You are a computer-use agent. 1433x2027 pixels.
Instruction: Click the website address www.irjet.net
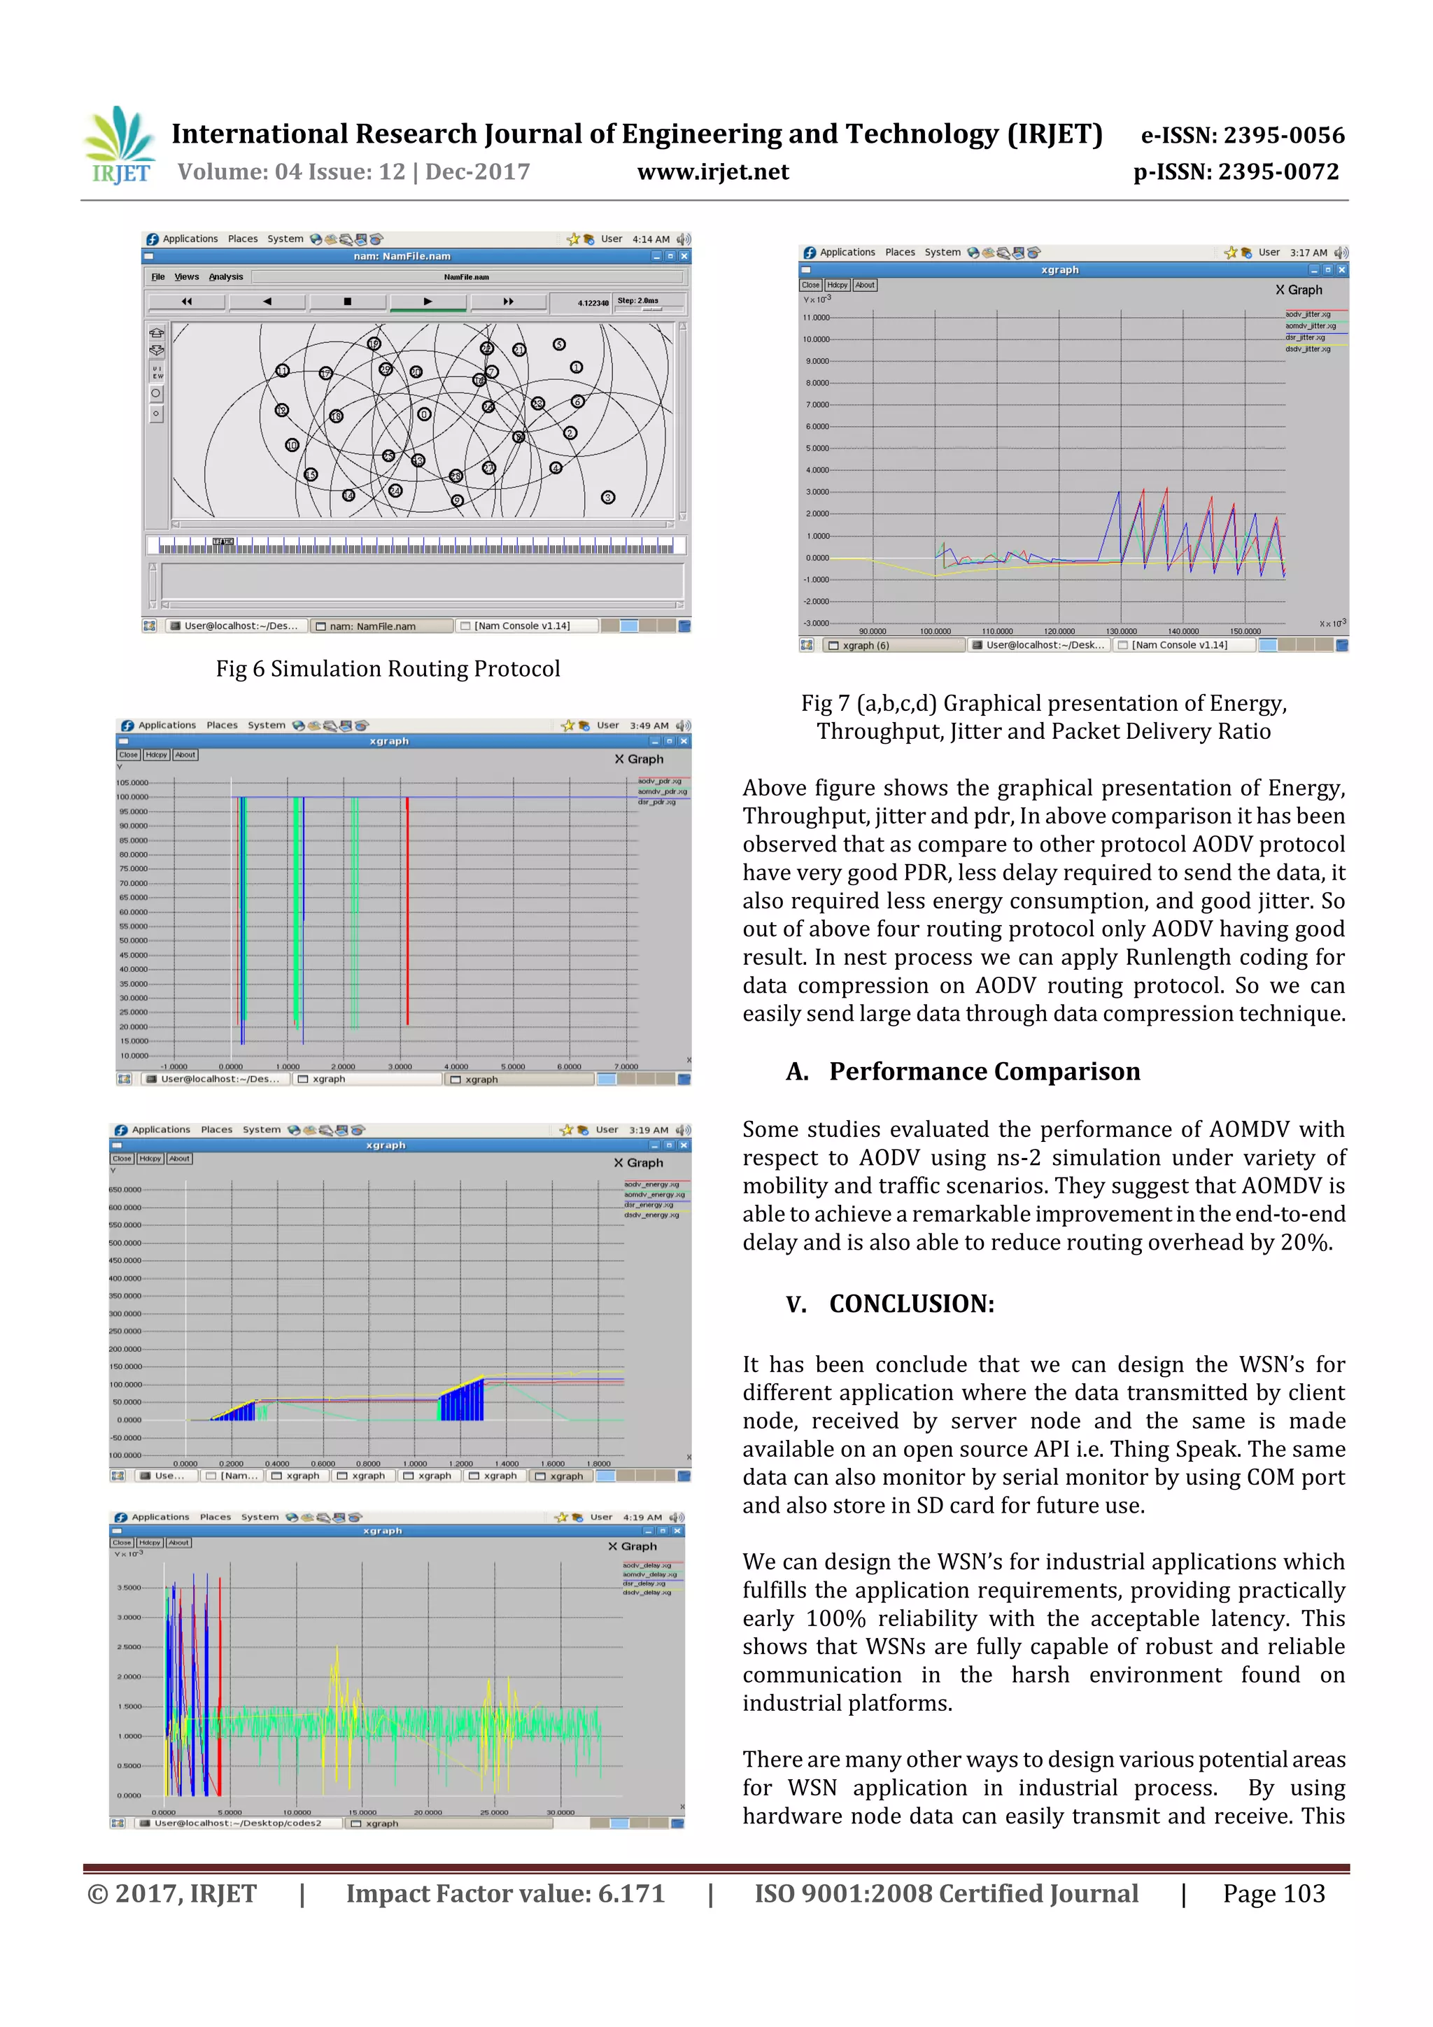tap(712, 172)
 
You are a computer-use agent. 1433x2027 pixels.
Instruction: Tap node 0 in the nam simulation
tap(424, 414)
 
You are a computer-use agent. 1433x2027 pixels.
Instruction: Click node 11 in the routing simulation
tap(283, 371)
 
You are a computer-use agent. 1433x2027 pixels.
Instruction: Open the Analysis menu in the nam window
tap(226, 277)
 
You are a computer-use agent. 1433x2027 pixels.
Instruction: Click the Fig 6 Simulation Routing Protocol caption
tap(388, 669)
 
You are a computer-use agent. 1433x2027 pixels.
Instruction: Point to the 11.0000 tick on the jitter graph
tap(816, 318)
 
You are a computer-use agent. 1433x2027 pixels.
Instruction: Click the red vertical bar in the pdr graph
tap(407, 910)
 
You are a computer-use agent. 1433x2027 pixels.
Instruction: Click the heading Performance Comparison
tap(984, 1072)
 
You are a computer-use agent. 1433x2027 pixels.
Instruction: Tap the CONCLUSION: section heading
tap(911, 1304)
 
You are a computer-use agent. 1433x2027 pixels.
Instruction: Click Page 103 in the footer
tap(1273, 1893)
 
